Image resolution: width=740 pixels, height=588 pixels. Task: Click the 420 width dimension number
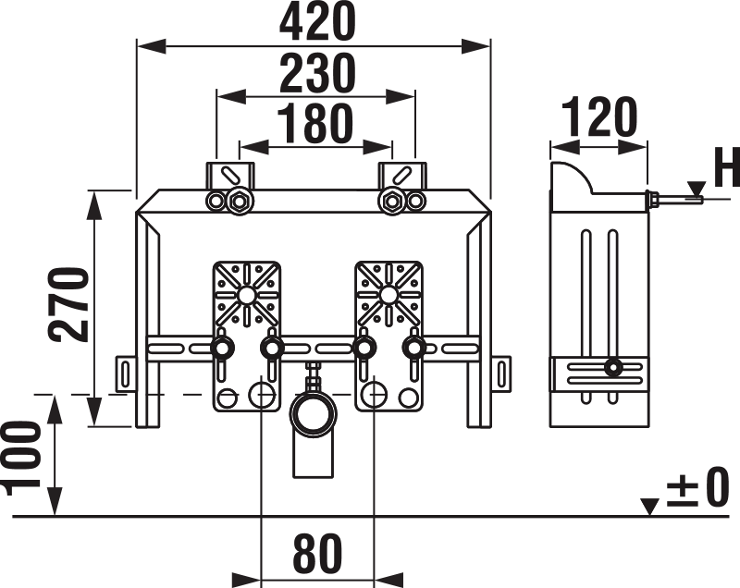click(316, 21)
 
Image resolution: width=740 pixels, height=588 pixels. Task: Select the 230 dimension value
click(316, 73)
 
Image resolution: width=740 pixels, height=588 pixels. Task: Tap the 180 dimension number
click(314, 124)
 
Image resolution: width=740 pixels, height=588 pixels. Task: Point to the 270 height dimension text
click(68, 304)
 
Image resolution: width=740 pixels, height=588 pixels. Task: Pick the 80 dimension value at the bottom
click(317, 553)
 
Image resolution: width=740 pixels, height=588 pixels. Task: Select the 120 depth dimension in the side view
click(599, 116)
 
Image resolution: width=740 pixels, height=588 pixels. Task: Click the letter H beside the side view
click(727, 166)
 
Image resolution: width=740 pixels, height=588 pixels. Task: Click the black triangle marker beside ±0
click(651, 507)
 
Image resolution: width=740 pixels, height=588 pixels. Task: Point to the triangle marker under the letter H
click(697, 189)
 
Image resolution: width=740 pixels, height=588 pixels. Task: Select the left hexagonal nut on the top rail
click(240, 202)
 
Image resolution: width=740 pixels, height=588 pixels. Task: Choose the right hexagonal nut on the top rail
click(391, 202)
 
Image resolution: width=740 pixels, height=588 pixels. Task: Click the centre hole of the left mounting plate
click(245, 295)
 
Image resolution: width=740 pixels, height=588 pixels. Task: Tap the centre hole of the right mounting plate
click(388, 295)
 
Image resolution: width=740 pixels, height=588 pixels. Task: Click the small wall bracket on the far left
click(126, 374)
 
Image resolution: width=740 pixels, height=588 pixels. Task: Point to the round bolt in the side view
click(613, 367)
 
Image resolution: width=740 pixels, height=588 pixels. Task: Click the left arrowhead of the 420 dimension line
click(152, 46)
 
